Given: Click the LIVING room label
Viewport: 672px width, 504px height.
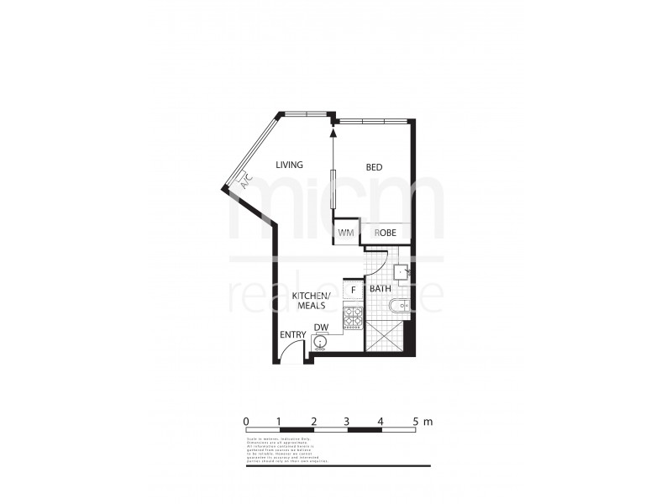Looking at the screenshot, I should tap(290, 165).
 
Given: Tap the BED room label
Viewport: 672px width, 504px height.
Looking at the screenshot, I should tap(374, 167).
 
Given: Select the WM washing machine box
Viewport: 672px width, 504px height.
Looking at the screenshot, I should tap(346, 234).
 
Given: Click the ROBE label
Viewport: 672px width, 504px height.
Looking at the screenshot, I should tap(386, 234).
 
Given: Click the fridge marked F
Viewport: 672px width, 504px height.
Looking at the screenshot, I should tap(353, 290).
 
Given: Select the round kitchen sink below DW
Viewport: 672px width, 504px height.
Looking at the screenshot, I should tap(319, 342).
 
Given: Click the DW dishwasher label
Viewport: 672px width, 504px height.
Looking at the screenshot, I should tap(320, 328).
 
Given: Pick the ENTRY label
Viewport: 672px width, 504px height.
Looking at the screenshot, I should tap(293, 335).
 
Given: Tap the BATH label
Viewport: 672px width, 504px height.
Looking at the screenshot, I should tap(381, 290).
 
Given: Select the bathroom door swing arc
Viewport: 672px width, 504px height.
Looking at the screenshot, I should tap(379, 260).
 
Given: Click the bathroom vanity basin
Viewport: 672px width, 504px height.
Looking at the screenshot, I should tap(402, 271).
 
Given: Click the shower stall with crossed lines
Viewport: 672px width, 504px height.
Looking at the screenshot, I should tap(382, 339).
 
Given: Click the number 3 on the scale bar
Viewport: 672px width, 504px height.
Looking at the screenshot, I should tap(346, 420).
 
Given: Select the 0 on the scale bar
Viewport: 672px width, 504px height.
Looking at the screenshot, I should tap(245, 420).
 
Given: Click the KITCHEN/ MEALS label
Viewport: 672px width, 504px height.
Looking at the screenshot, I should tap(308, 302).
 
